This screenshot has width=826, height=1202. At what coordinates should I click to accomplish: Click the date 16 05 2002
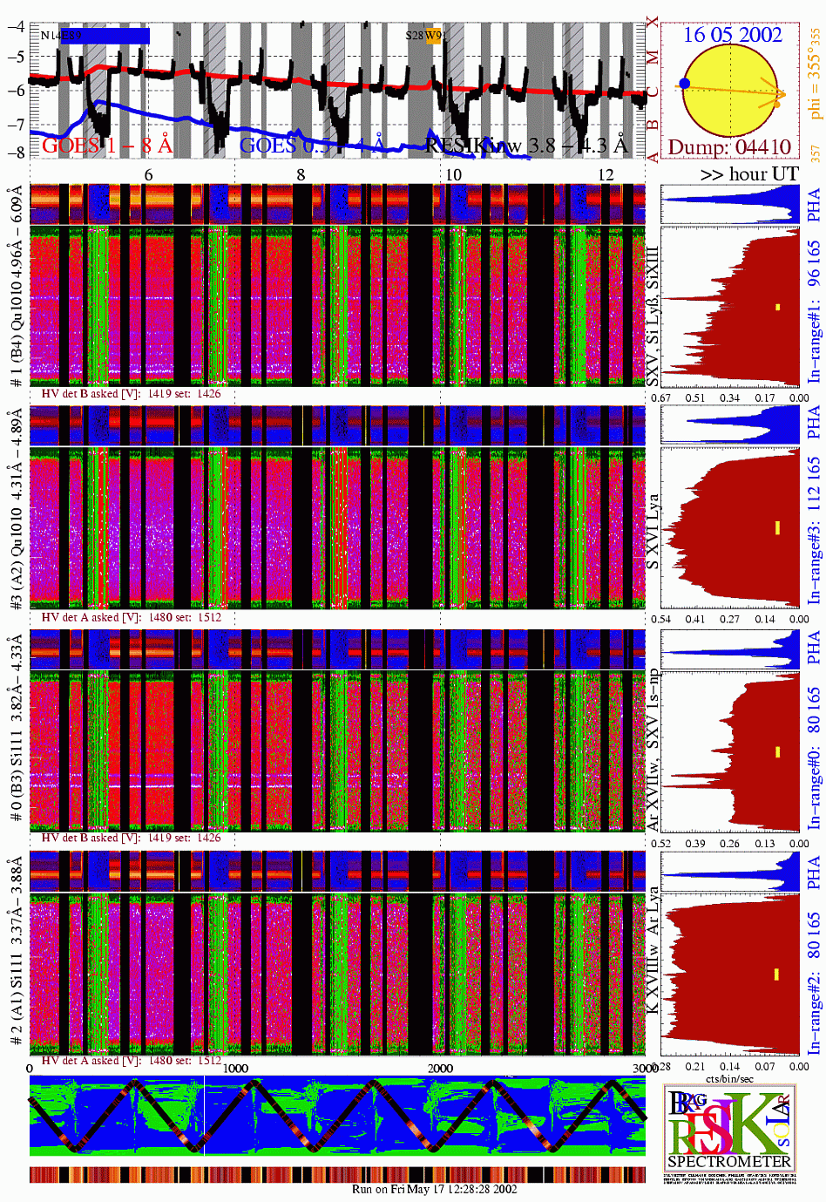(x=732, y=35)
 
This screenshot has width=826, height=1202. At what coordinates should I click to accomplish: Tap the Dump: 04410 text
(x=729, y=146)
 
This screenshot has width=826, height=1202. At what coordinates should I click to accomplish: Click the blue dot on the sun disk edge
(x=685, y=84)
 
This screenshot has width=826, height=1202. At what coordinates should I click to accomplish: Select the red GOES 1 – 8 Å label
(x=106, y=145)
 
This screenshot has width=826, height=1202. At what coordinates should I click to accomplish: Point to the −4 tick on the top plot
(x=16, y=26)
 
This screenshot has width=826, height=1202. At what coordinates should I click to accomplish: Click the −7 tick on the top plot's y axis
(x=16, y=125)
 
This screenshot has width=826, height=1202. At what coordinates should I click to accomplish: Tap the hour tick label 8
(x=301, y=175)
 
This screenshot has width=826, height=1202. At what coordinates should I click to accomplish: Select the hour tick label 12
(x=606, y=175)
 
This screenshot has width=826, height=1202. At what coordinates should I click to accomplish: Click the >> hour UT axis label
(x=748, y=174)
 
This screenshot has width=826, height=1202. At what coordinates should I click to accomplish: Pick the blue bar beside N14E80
(x=117, y=36)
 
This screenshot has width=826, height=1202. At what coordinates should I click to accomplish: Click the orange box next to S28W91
(x=433, y=37)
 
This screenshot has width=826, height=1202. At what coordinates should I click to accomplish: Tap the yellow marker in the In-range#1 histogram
(x=777, y=308)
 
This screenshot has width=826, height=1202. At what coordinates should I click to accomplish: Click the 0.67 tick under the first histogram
(x=660, y=398)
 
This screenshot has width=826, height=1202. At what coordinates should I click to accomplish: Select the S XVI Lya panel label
(x=653, y=532)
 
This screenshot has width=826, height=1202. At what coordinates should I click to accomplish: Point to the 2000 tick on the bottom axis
(x=440, y=1068)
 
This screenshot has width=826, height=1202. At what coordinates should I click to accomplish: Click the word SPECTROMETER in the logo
(x=729, y=1161)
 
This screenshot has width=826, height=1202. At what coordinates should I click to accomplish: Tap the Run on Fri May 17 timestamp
(x=434, y=1189)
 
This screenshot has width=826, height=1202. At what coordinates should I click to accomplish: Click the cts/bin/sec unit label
(x=729, y=1079)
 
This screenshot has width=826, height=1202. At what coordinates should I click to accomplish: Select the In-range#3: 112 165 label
(x=814, y=531)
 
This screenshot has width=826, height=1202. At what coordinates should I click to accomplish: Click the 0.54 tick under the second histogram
(x=660, y=620)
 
